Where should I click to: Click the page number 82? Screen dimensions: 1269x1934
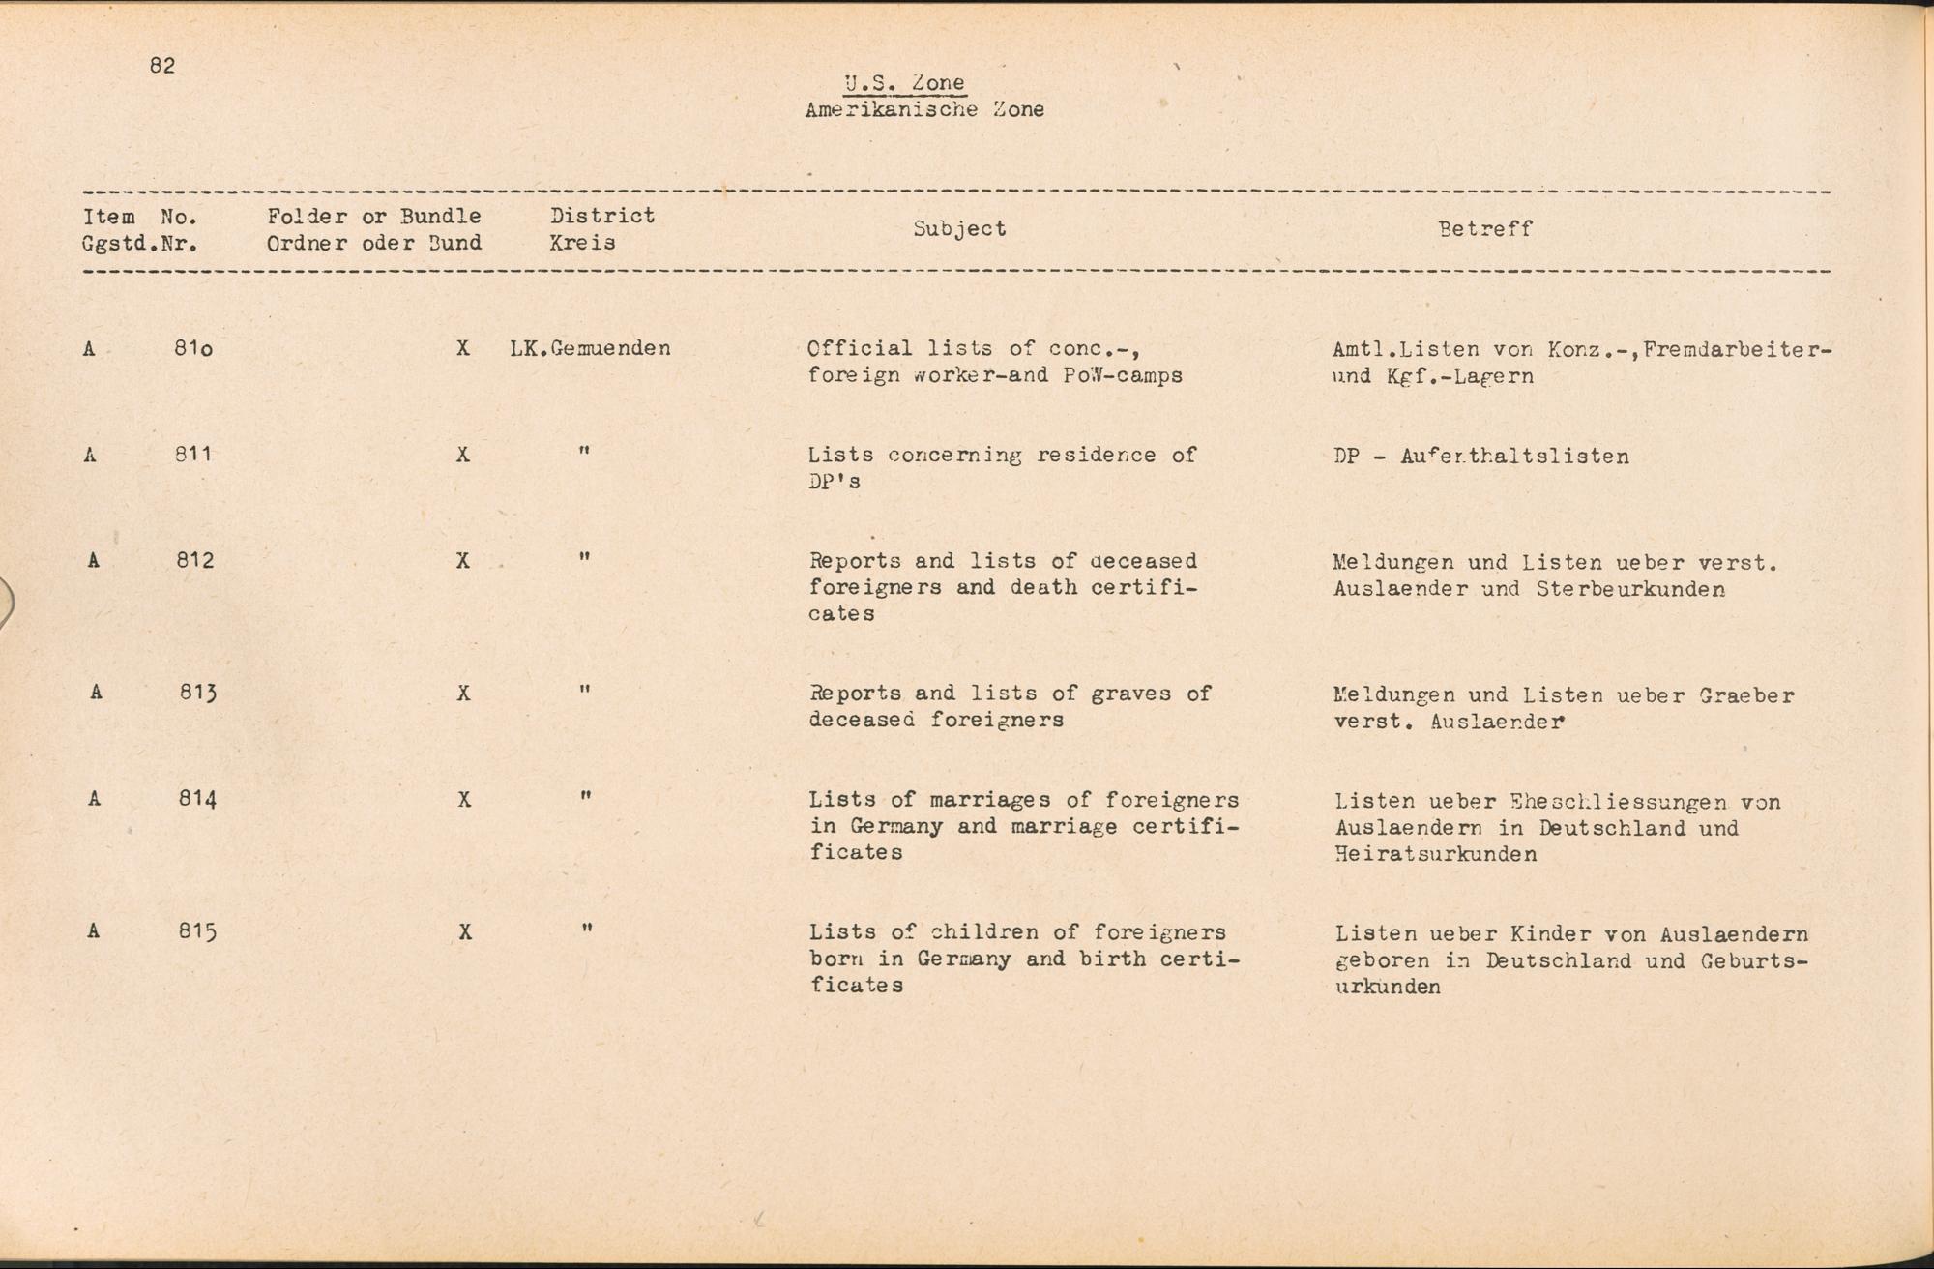click(162, 66)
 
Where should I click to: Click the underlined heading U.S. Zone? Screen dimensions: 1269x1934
click(904, 84)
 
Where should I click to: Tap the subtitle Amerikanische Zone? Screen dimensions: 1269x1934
click(923, 110)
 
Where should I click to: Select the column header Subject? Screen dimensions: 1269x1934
click(959, 229)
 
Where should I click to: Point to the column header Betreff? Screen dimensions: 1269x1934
click(1484, 229)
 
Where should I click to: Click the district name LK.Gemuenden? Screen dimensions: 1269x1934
click(590, 348)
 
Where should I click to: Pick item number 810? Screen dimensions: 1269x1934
click(193, 348)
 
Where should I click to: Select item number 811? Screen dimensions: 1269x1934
click(193, 454)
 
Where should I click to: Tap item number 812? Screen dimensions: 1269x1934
click(194, 560)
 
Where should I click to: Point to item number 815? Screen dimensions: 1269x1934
click(197, 932)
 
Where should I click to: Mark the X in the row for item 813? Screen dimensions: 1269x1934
click(464, 694)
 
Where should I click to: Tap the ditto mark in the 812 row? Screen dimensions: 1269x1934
click(584, 558)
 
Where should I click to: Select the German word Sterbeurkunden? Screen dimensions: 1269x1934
click(1629, 589)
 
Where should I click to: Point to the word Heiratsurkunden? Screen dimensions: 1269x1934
click(1435, 854)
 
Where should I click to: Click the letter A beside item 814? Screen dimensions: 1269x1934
click(94, 799)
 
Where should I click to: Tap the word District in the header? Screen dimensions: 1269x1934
click(602, 216)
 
